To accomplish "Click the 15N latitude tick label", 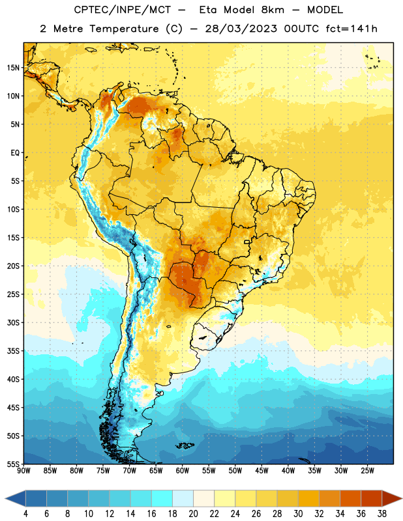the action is (x=13, y=68).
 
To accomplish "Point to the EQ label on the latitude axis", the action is (x=15, y=153).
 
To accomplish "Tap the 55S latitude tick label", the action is (x=13, y=464).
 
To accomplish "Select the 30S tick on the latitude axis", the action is (x=13, y=322).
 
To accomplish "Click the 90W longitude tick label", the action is (x=23, y=471).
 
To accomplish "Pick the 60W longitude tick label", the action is (x=183, y=471).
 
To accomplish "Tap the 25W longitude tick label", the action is (x=367, y=471).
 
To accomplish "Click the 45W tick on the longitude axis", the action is (x=261, y=471).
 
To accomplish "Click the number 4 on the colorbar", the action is (x=25, y=514).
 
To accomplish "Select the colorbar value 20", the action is (x=193, y=514).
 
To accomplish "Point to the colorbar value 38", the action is (x=381, y=514).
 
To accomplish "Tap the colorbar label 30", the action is (x=298, y=514).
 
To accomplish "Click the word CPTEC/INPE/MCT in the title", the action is (x=122, y=10).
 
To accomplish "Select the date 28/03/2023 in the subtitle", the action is (x=241, y=29).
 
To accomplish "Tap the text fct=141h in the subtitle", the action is (x=351, y=29).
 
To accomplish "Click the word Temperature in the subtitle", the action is (x=124, y=29).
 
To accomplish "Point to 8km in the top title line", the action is (x=273, y=10).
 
